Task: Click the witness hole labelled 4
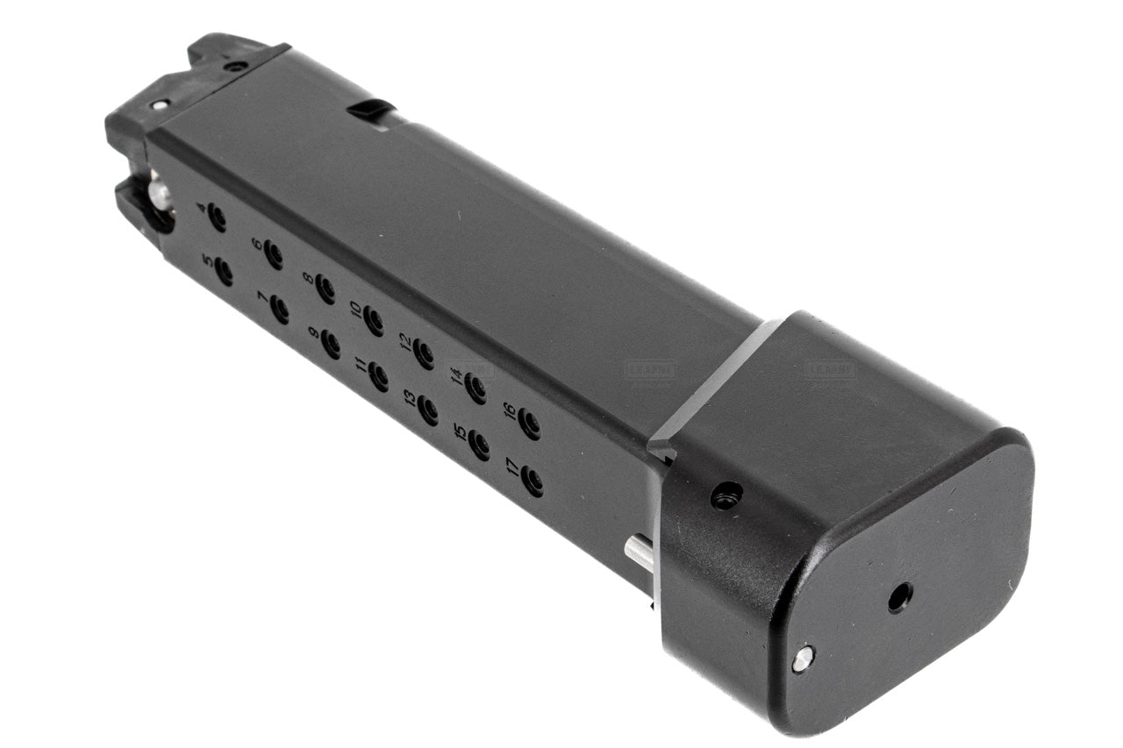pyautogui.click(x=217, y=217)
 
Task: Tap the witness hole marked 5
pyautogui.click(x=224, y=272)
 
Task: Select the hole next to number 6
pyautogui.click(x=273, y=255)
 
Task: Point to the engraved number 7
pyautogui.click(x=262, y=298)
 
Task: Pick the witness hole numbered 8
pyautogui.click(x=325, y=289)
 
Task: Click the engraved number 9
pyautogui.click(x=313, y=333)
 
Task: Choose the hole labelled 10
pyautogui.click(x=374, y=321)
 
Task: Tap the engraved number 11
pyautogui.click(x=361, y=366)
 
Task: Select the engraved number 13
pyautogui.click(x=410, y=399)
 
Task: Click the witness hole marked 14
pyautogui.click(x=476, y=388)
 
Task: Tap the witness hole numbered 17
pyautogui.click(x=532, y=481)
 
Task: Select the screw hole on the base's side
pyautogui.click(x=726, y=496)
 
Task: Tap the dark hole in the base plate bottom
pyautogui.click(x=899, y=597)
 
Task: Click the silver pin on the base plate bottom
pyautogui.click(x=802, y=659)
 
